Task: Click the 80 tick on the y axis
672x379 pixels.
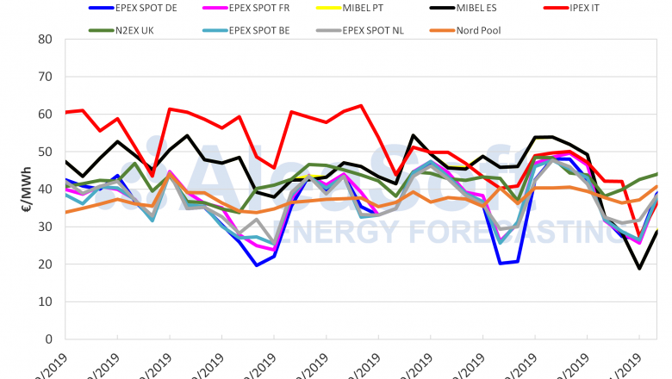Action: [x=45, y=39]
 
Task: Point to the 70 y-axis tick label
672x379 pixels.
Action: [x=45, y=77]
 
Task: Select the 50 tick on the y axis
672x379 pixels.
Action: [x=45, y=152]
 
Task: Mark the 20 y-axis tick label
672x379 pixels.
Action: [x=45, y=264]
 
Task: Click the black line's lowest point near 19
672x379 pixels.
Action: [x=639, y=268]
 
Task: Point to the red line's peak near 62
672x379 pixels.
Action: [x=361, y=106]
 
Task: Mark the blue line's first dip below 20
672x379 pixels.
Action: [x=257, y=265]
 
